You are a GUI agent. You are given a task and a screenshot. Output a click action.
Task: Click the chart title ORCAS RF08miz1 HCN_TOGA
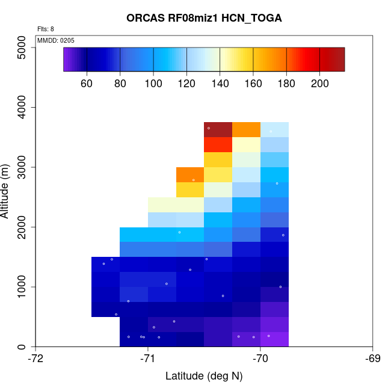[x=204, y=18]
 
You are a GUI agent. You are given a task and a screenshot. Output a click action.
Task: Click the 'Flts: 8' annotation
[x=46, y=29]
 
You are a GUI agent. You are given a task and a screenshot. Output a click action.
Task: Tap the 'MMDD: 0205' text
[x=56, y=40]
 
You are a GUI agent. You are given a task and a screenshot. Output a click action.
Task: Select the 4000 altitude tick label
[x=22, y=107]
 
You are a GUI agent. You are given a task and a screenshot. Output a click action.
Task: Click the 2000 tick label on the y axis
[x=22, y=227]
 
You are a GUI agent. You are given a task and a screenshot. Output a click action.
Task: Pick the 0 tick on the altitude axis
[x=22, y=346]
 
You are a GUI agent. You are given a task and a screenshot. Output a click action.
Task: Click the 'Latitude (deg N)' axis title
[x=204, y=377]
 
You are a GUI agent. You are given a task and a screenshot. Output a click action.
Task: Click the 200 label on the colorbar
[x=319, y=83]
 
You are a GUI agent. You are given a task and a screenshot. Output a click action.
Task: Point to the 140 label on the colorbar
[x=220, y=83]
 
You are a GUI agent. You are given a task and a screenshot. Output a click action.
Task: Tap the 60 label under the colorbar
[x=87, y=83]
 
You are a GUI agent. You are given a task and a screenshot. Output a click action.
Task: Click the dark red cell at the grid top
[x=218, y=129]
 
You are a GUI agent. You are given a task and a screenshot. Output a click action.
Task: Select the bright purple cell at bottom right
[x=274, y=339]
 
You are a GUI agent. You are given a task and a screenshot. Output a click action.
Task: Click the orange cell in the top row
[x=246, y=129]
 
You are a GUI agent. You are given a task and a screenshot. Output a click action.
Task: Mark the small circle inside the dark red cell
[x=209, y=128]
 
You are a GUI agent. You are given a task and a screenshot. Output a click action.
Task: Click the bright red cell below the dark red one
[x=218, y=144]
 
